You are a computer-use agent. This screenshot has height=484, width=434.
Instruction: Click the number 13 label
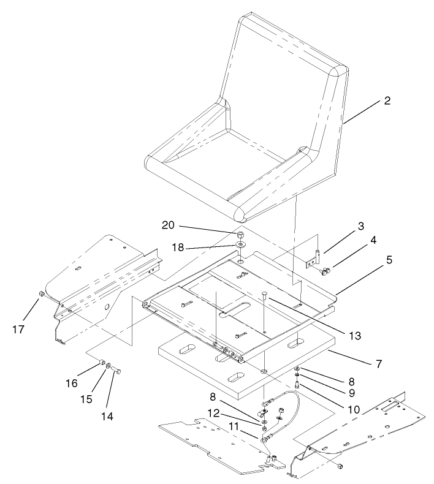point(352,336)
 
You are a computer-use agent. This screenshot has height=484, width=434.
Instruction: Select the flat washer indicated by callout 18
point(241,246)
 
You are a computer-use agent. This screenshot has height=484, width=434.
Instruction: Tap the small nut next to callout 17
point(39,294)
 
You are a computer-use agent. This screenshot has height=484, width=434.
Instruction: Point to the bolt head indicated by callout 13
point(264,294)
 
